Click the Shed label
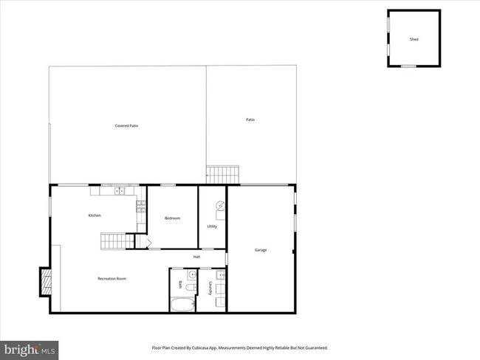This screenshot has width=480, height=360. tap(414, 39)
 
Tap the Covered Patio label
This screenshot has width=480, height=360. tap(126, 126)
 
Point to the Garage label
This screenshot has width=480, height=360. tap(261, 250)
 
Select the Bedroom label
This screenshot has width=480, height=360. tap(172, 218)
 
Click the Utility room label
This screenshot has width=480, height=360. tap(212, 226)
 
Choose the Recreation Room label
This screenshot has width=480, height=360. tap(112, 279)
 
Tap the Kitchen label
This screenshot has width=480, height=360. tap(95, 215)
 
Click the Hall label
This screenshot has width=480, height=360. tap(197, 257)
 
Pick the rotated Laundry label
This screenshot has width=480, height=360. tap(211, 288)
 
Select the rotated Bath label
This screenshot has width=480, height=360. tap(180, 284)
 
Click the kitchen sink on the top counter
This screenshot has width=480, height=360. tap(120, 191)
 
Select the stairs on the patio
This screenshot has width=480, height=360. tap(223, 175)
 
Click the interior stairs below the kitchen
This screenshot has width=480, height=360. tap(117, 240)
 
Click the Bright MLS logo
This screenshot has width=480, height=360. tap(30, 348)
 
